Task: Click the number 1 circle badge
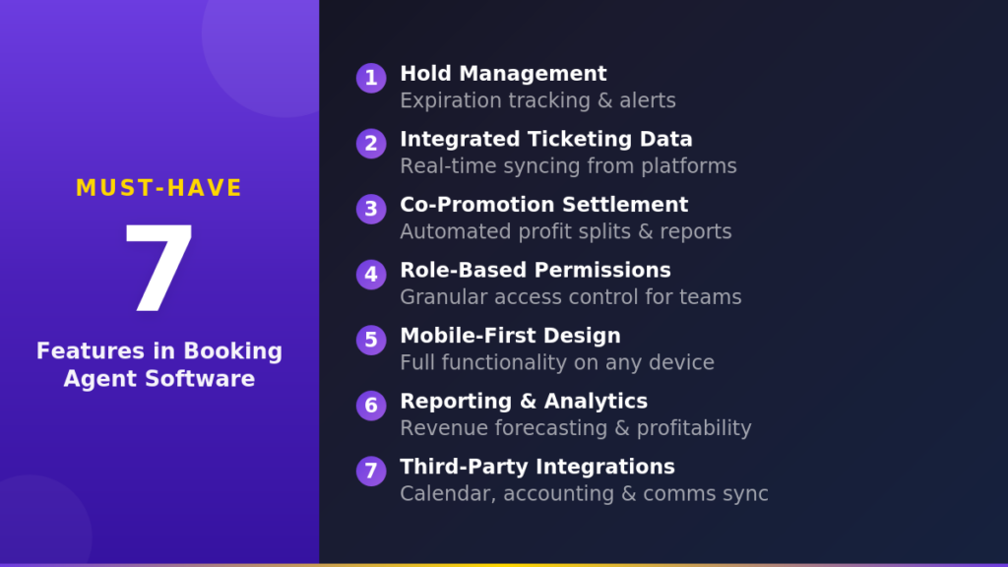pos(371,78)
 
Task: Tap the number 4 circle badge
pos(371,275)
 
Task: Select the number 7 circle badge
pos(371,471)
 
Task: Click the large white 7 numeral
pos(158,271)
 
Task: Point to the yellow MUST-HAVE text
pos(158,188)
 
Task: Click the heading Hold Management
pos(503,74)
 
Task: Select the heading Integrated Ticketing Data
pos(545,139)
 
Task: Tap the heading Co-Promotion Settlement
pos(543,205)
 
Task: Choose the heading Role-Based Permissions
pos(535,270)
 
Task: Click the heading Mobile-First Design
pos(510,336)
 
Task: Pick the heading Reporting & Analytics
pos(523,401)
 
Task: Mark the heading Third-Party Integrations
pos(536,467)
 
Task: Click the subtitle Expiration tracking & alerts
pos(537,100)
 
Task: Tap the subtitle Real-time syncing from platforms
pos(568,165)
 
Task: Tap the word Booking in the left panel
pos(233,351)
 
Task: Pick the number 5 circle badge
pos(371,340)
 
